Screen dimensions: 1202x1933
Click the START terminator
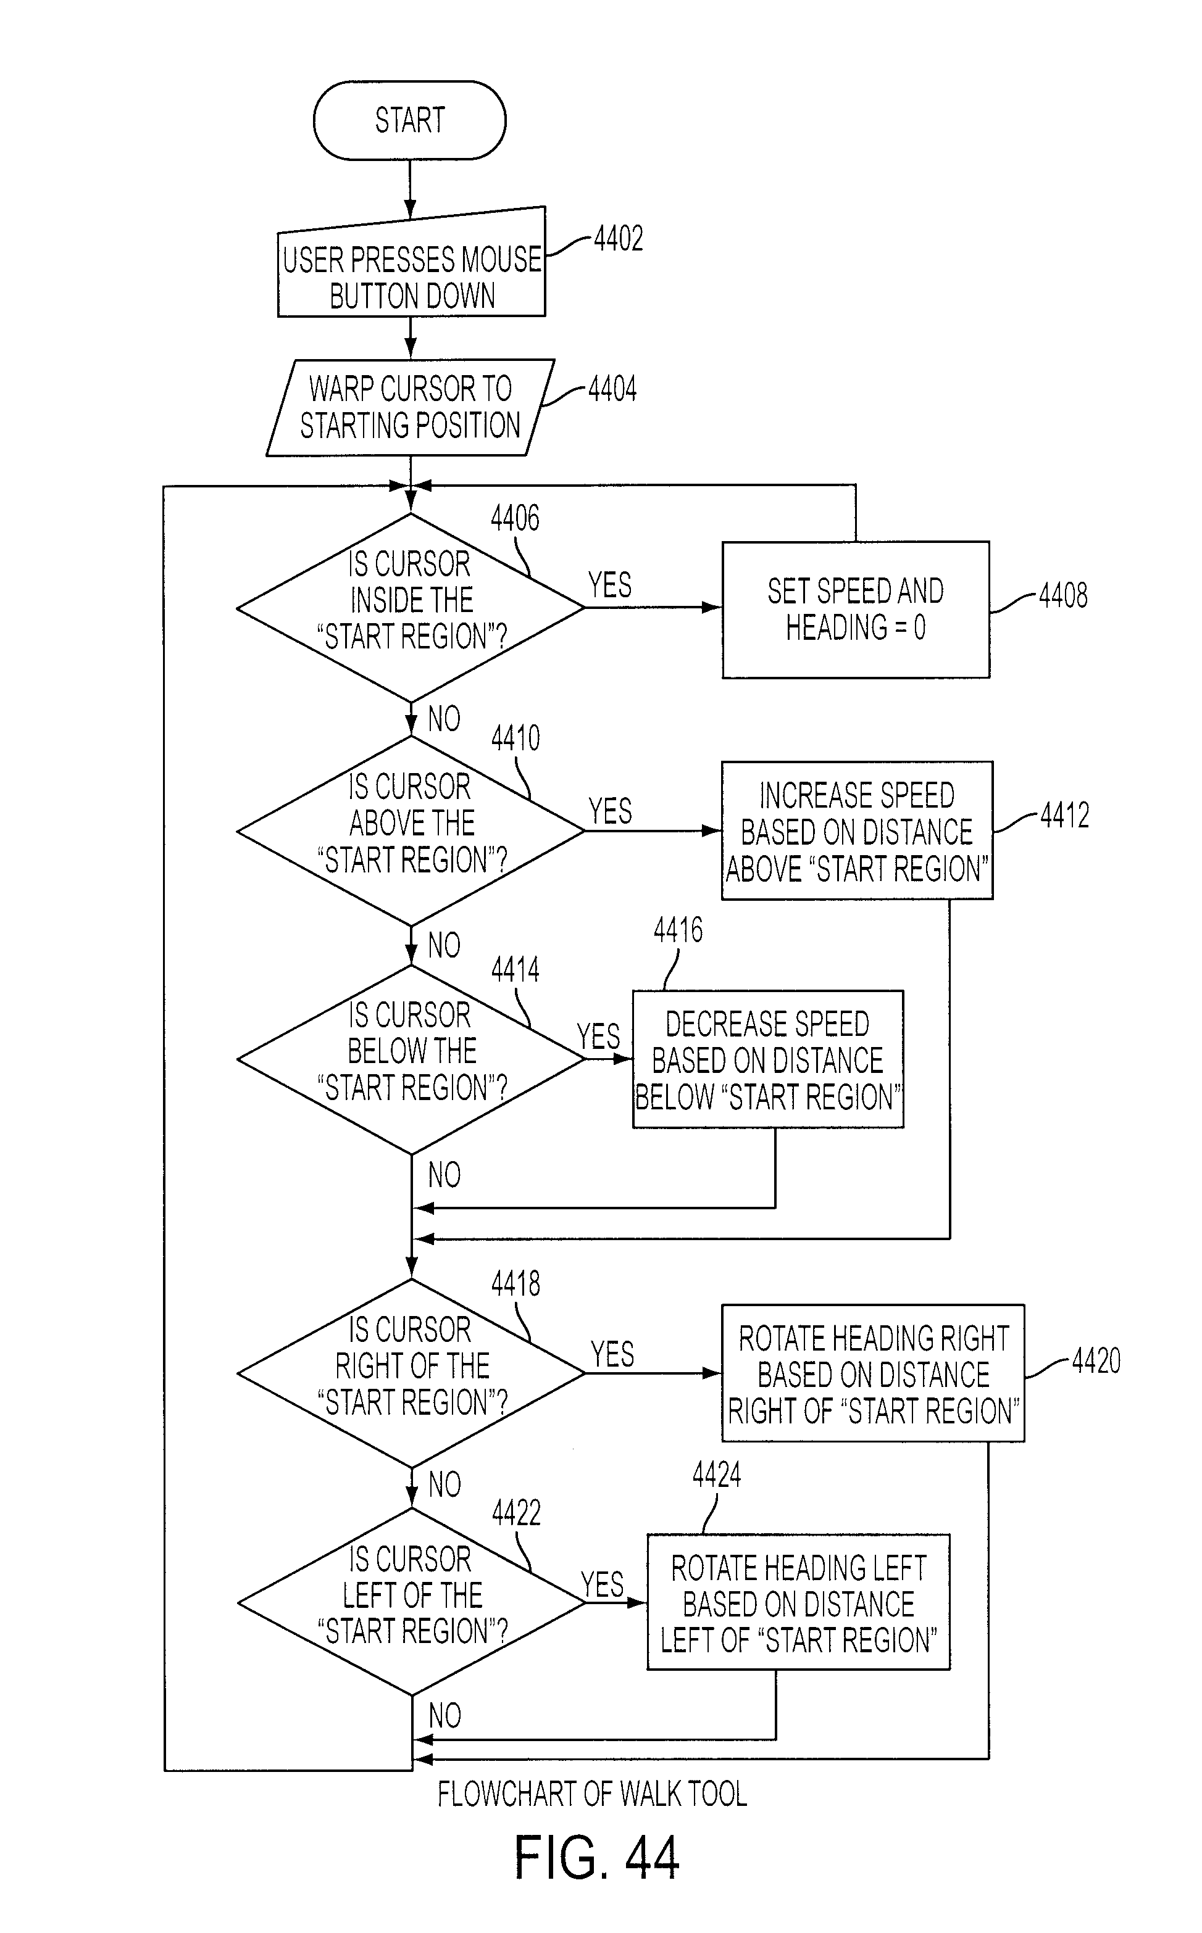tap(409, 120)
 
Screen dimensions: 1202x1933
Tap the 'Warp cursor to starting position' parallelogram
tap(410, 408)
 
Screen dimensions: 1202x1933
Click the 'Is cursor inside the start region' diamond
tap(410, 608)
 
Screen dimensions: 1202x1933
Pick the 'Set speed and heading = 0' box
tap(856, 610)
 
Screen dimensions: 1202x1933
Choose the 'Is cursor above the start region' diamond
tap(410, 831)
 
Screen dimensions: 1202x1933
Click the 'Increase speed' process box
tap(857, 830)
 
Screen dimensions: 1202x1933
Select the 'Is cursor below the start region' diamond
tap(410, 1059)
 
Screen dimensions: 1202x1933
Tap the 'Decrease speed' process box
tap(768, 1059)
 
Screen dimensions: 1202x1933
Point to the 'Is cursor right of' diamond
tap(410, 1373)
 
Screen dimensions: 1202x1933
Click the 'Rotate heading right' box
tap(873, 1373)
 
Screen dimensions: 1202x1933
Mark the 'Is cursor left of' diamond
tap(410, 1602)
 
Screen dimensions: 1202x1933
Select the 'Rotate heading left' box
tap(798, 1602)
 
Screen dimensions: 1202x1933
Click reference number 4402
tap(619, 238)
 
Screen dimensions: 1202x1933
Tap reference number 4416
tap(678, 930)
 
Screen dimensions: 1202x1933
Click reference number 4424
tap(716, 1475)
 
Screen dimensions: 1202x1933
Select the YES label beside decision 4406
tap(610, 586)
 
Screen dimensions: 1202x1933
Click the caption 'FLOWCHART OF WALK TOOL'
tap(592, 1794)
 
